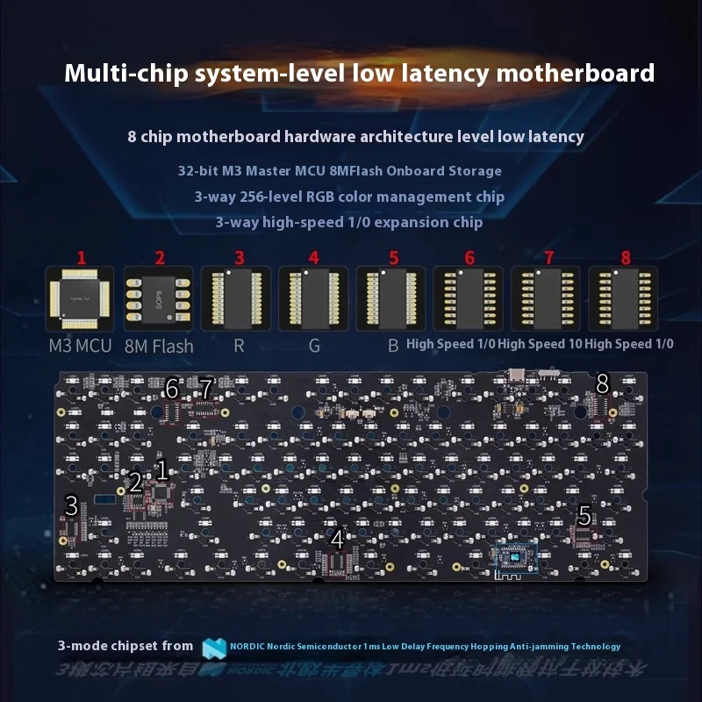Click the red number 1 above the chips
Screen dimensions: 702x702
[x=82, y=258]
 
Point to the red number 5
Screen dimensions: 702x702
[x=393, y=258]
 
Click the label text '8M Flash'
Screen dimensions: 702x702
[x=159, y=346]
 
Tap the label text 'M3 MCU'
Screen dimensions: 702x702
[x=80, y=346]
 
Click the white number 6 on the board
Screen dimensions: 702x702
[x=172, y=388]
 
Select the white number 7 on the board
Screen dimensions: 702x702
[x=206, y=387]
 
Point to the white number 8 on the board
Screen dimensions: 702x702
[x=602, y=383]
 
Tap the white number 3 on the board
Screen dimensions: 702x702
[x=72, y=505]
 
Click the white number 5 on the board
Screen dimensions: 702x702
[x=584, y=514]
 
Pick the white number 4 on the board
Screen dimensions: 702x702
[x=337, y=537]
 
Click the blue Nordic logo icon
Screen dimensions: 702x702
[x=214, y=648]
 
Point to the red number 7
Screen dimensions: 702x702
[x=548, y=258]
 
